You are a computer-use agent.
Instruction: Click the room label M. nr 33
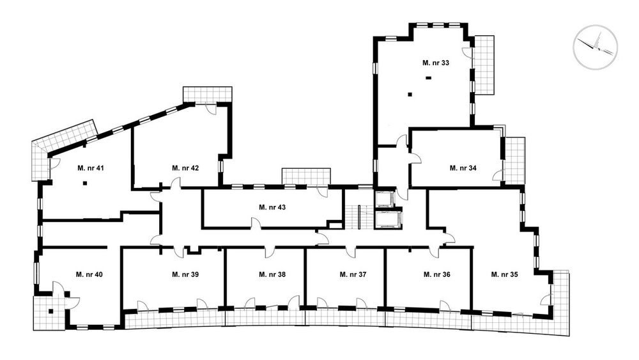[x=436, y=63]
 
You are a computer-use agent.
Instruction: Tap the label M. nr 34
[x=463, y=168]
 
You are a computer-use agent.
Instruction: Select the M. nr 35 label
[x=505, y=274]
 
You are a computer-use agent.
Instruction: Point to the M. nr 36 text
[x=437, y=274]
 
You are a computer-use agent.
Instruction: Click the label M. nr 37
[x=353, y=274]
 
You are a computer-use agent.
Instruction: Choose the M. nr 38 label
[x=272, y=274]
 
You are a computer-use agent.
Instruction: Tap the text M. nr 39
[x=185, y=274]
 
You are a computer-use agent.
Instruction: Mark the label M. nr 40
[x=89, y=274]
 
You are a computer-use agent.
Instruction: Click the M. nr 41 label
[x=91, y=168]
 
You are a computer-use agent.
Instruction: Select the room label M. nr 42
[x=185, y=168]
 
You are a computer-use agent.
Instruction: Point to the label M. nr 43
[x=272, y=207]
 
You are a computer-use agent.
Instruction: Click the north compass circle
[x=596, y=47]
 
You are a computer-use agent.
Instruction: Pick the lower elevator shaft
[x=387, y=221]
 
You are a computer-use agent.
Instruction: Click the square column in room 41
[x=85, y=184]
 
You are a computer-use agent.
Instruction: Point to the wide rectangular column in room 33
[x=428, y=77]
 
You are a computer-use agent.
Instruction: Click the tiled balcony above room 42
[x=208, y=95]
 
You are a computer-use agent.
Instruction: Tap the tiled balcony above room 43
[x=306, y=176]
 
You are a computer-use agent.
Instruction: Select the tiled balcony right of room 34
[x=514, y=160]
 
